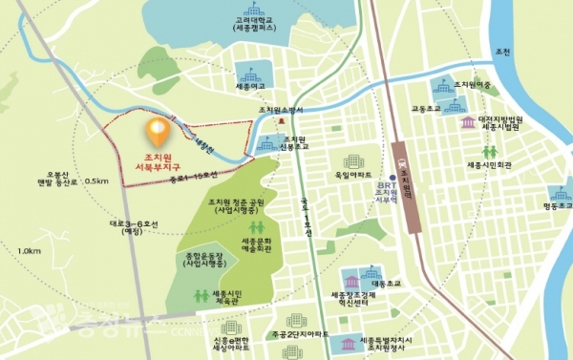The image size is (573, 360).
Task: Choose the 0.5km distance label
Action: pyautogui.click(x=95, y=180)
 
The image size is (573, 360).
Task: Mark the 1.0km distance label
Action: pyautogui.click(x=29, y=251)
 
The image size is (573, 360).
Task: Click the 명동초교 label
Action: pyautogui.click(x=555, y=204)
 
